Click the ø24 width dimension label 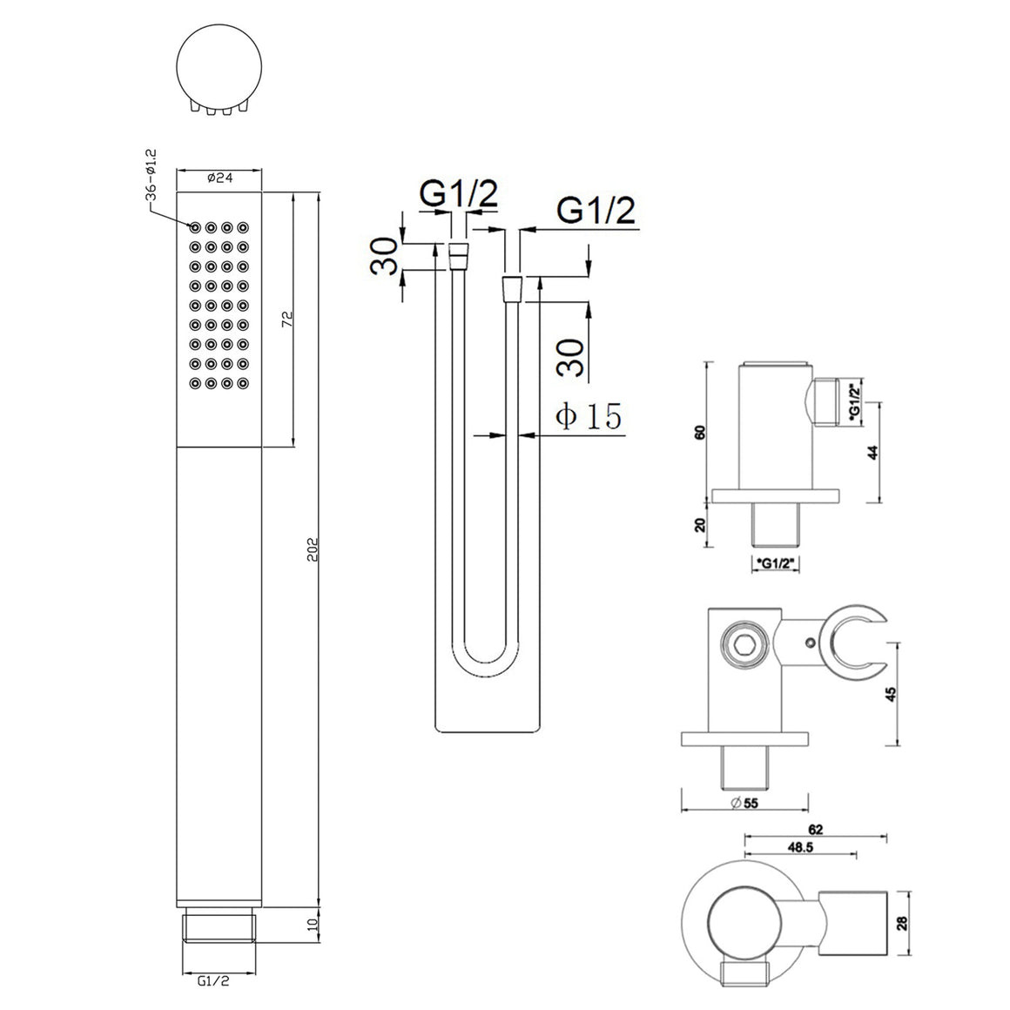click(x=219, y=178)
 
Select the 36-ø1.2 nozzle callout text click(x=151, y=174)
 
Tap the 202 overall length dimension click(x=313, y=549)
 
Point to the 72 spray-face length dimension click(x=287, y=319)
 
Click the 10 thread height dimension click(x=313, y=925)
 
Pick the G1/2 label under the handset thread click(x=213, y=981)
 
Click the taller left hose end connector click(x=458, y=255)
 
